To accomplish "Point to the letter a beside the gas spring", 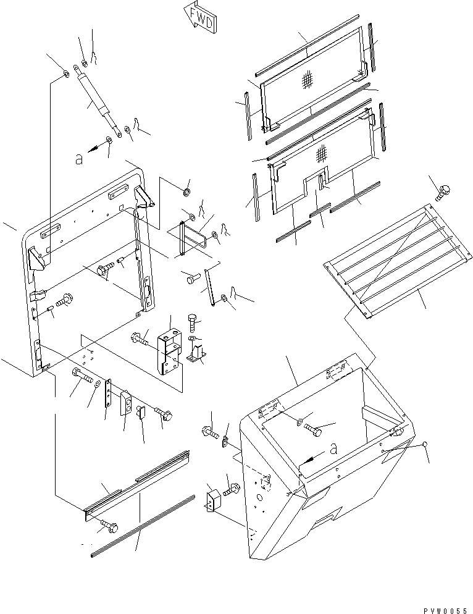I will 78,159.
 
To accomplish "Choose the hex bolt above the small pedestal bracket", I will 192,322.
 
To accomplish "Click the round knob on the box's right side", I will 425,445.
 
